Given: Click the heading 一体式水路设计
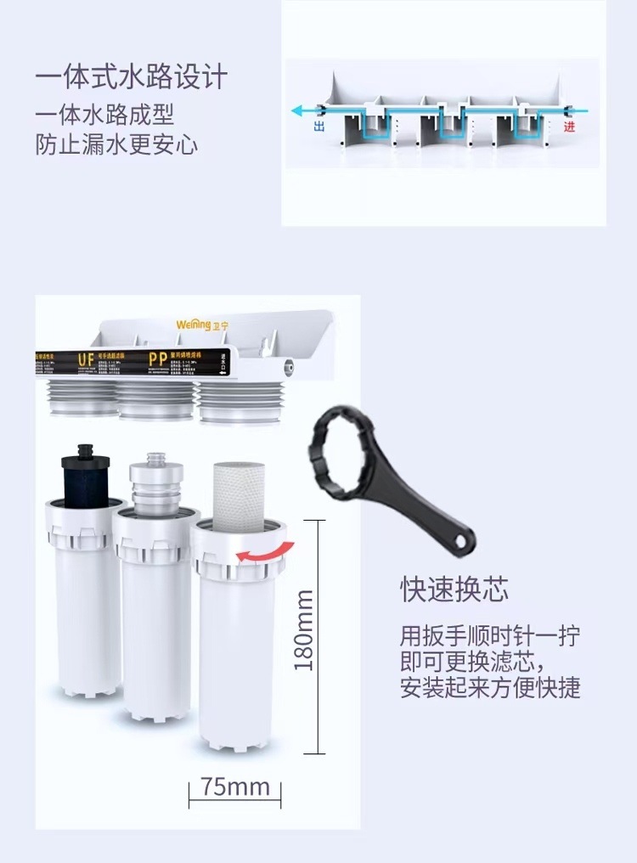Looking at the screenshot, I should (x=132, y=78).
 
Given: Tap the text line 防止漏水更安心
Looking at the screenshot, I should (x=116, y=144).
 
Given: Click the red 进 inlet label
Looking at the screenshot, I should (x=569, y=127).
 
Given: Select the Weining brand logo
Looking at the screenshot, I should (x=201, y=324).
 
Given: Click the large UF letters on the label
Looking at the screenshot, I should (x=87, y=360).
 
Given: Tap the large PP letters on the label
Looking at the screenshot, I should (x=157, y=359).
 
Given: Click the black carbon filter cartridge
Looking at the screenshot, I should (x=82, y=475).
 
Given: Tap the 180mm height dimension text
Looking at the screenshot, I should (x=304, y=629).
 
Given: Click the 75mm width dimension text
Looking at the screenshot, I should (x=234, y=786).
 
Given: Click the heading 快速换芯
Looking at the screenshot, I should (x=454, y=589).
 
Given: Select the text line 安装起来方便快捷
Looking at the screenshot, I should (x=490, y=686).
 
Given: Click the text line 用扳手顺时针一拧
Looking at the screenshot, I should (x=490, y=635).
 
